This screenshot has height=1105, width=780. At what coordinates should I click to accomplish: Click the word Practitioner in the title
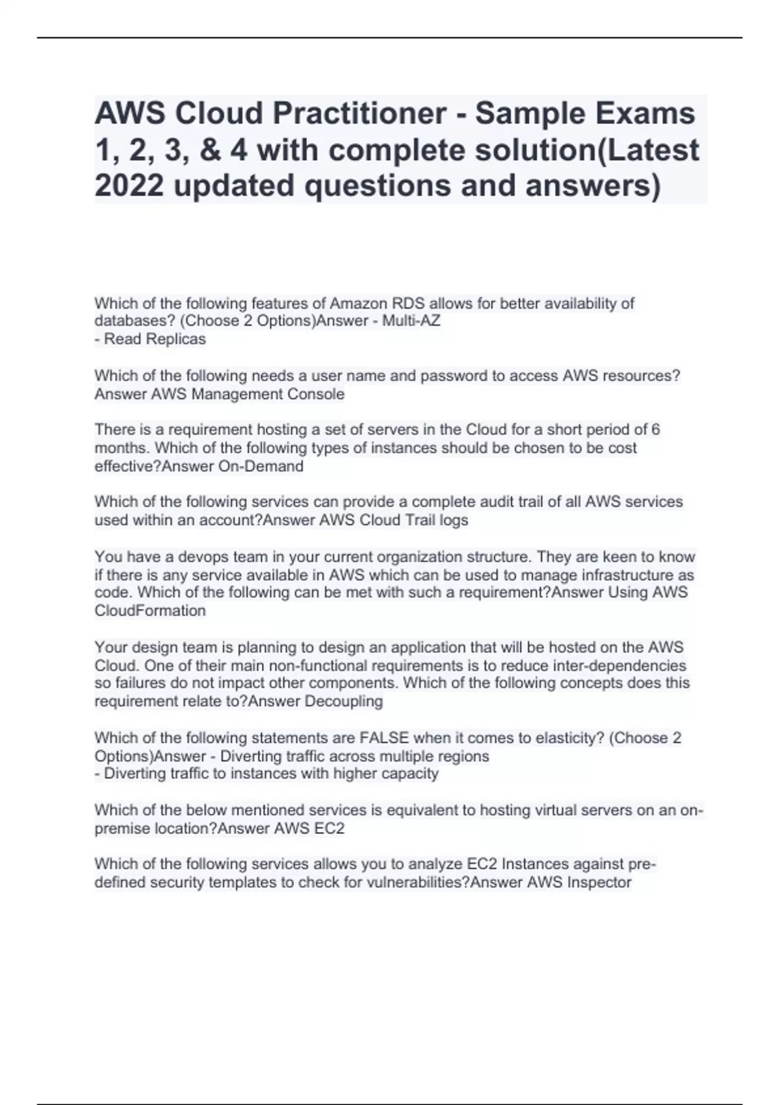359,114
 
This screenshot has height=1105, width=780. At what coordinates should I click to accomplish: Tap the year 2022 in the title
129,186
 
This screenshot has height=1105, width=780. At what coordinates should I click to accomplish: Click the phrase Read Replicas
155,339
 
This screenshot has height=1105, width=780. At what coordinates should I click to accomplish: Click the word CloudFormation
150,611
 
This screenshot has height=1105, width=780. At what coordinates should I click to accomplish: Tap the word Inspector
599,883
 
